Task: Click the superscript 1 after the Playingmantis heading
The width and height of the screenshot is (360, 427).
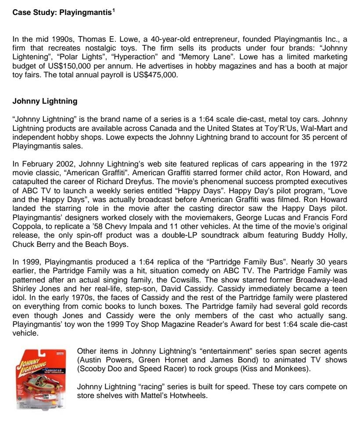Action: coord(113,10)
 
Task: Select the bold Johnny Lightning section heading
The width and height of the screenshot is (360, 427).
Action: coord(45,101)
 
